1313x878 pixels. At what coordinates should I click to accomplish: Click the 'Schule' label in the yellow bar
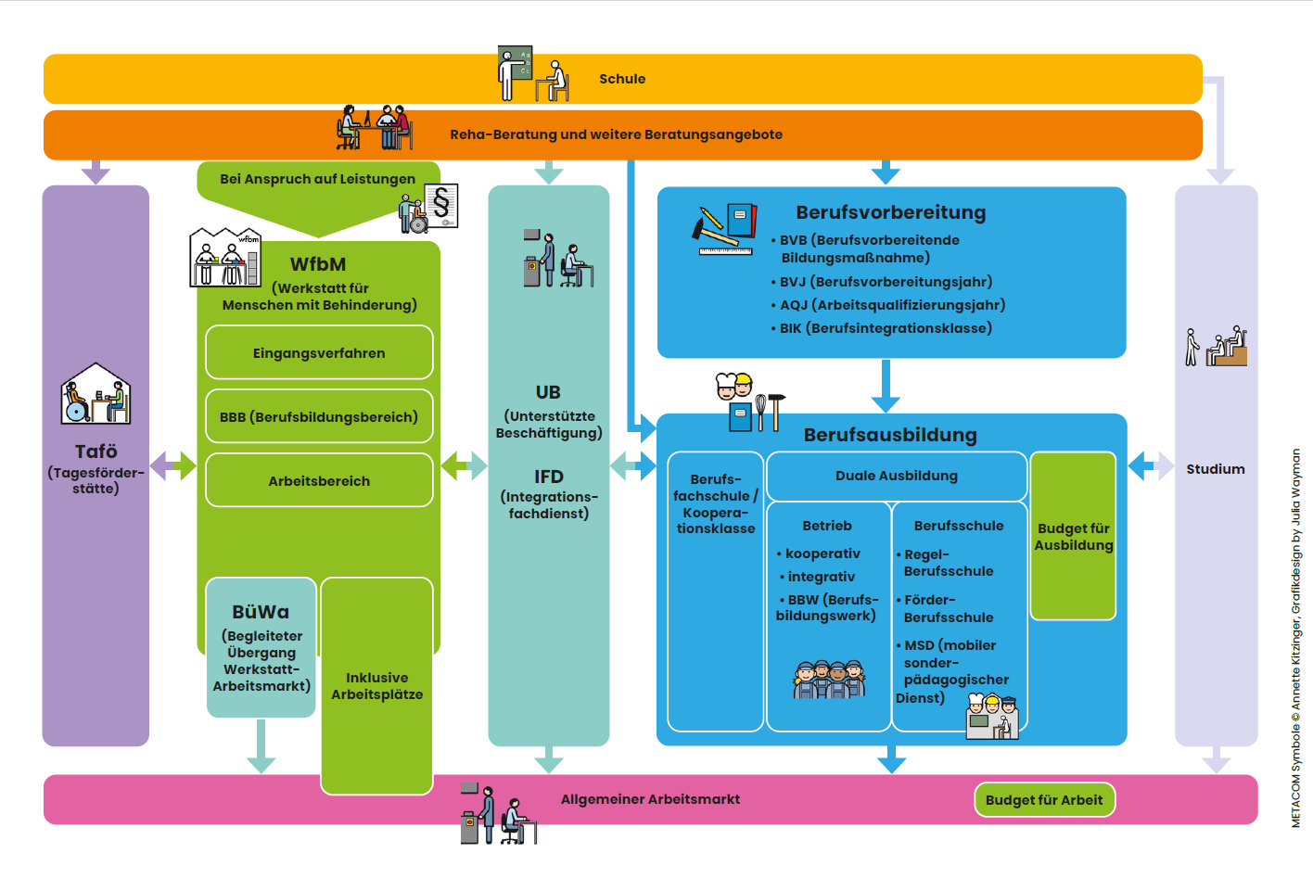(622, 79)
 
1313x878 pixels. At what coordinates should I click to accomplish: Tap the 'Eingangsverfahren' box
(319, 353)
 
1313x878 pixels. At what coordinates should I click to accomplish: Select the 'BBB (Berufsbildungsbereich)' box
(319, 417)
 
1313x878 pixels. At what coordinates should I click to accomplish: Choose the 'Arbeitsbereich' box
(319, 481)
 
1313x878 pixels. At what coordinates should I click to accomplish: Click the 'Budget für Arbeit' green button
(1044, 800)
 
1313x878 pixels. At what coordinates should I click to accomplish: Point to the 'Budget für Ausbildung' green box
(1073, 537)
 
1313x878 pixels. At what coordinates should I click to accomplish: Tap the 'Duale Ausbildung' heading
(897, 476)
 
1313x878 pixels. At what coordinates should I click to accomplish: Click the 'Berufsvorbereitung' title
(890, 212)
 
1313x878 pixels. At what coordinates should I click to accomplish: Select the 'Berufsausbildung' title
(890, 435)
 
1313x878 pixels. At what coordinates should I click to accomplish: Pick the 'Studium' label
(1216, 469)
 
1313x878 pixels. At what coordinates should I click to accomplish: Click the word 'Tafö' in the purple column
(96, 452)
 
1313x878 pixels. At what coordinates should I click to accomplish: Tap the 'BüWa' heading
(261, 612)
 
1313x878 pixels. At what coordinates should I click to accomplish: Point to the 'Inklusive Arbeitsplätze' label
(376, 686)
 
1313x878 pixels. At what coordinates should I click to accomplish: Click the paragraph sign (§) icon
(441, 203)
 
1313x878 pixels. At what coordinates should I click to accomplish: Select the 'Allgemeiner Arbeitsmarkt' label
(650, 799)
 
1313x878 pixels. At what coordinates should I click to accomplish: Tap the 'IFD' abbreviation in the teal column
(548, 477)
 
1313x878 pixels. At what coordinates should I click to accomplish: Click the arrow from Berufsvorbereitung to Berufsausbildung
(886, 385)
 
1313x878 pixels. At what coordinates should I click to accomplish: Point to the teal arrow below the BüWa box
(261, 746)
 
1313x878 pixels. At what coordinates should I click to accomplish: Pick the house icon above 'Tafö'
(96, 394)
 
